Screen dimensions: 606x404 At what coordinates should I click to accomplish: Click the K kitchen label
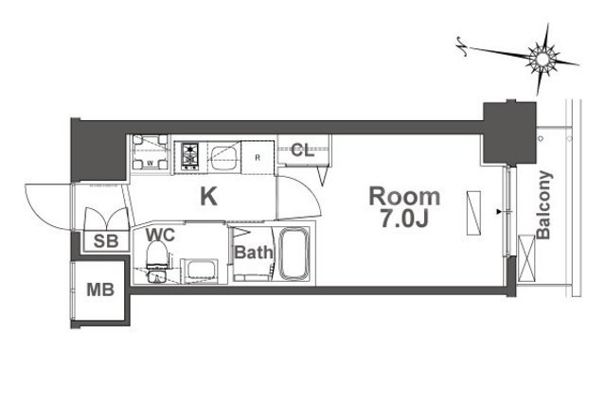click(x=208, y=196)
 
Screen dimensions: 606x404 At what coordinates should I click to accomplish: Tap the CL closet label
click(x=303, y=149)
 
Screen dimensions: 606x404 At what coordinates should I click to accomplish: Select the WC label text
click(x=160, y=235)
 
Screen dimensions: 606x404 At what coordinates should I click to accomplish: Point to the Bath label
click(x=254, y=253)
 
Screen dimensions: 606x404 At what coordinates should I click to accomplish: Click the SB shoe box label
click(x=106, y=241)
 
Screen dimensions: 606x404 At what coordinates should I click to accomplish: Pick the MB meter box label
click(x=100, y=290)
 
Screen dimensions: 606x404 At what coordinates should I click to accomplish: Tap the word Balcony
click(x=544, y=205)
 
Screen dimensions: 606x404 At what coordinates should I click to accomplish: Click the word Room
click(x=404, y=197)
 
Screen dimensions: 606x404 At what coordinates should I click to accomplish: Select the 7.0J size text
click(x=404, y=219)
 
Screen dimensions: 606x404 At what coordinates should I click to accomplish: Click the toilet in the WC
click(x=157, y=255)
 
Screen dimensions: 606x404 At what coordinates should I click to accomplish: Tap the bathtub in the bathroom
click(x=294, y=254)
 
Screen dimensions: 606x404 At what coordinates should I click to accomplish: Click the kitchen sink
click(x=224, y=156)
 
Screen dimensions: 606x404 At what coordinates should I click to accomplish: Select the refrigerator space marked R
click(x=258, y=158)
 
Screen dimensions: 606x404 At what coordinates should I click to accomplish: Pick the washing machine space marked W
click(x=151, y=153)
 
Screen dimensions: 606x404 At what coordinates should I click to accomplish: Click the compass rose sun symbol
click(x=543, y=59)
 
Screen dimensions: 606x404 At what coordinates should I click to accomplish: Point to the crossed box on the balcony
click(x=526, y=258)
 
